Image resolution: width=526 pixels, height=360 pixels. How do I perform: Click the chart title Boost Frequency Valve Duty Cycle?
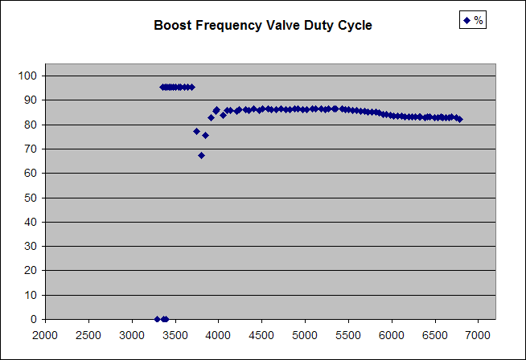[x=263, y=26]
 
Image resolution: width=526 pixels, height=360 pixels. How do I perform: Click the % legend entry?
[x=472, y=20]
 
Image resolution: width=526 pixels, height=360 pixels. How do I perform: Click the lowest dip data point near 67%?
[x=201, y=155]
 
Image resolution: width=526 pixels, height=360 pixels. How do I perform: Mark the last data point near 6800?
[x=459, y=119]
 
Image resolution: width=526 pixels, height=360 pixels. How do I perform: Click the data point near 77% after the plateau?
[x=196, y=131]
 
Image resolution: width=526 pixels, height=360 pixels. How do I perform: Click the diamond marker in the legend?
[x=466, y=20]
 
